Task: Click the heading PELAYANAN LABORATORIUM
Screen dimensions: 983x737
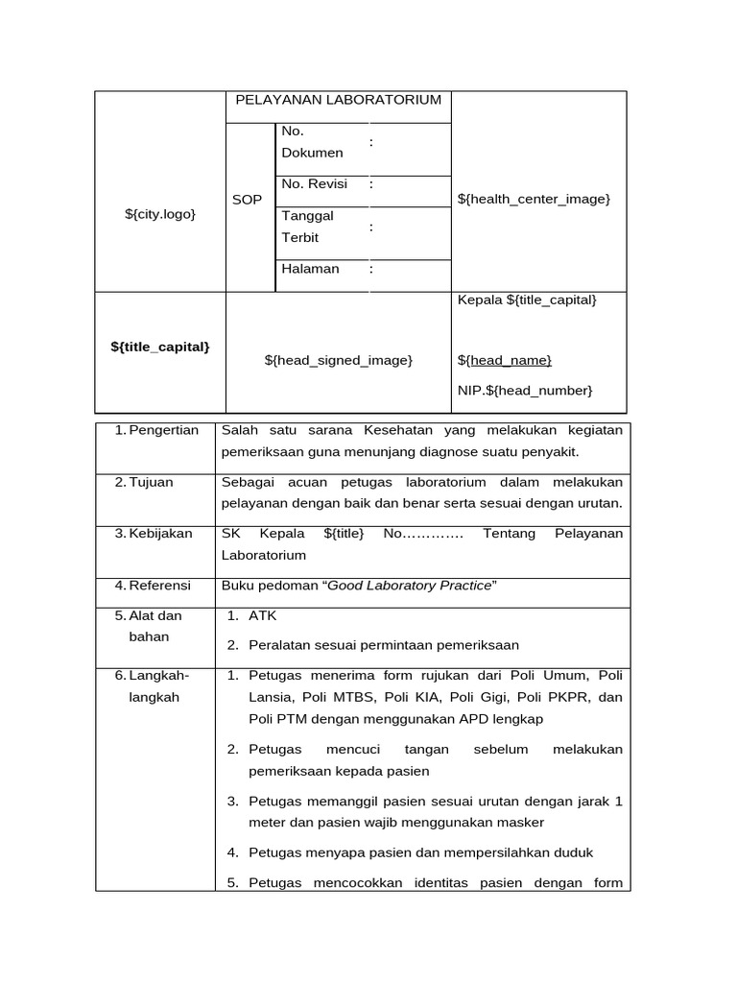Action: pyautogui.click(x=338, y=100)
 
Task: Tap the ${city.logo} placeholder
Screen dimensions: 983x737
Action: pyautogui.click(x=160, y=213)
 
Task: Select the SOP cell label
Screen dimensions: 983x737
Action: pyautogui.click(x=247, y=200)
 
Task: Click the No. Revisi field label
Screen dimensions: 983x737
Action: pyautogui.click(x=315, y=183)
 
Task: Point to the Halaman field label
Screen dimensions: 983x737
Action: pyautogui.click(x=310, y=269)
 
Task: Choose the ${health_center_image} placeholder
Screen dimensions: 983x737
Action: pyautogui.click(x=534, y=199)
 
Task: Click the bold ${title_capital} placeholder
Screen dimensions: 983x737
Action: pyautogui.click(x=160, y=347)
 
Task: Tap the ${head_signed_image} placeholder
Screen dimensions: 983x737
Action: pyautogui.click(x=338, y=359)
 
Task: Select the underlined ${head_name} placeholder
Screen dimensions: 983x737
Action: pyautogui.click(x=505, y=360)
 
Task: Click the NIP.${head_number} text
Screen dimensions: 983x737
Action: pyautogui.click(x=525, y=390)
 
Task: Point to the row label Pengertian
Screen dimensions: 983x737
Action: pyautogui.click(x=162, y=430)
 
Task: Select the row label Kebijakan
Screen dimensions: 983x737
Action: pyautogui.click(x=160, y=533)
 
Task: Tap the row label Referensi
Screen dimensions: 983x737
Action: pyautogui.click(x=159, y=585)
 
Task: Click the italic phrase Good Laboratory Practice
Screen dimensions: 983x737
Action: pyautogui.click(x=410, y=586)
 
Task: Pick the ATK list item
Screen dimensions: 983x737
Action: pyautogui.click(x=262, y=615)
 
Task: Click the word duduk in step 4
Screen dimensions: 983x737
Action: pyautogui.click(x=574, y=852)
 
